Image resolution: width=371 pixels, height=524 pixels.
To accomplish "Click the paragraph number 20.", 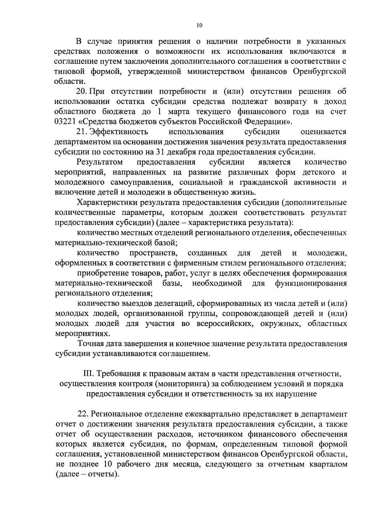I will click(82, 92).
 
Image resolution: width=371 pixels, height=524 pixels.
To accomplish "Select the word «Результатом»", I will click(100, 162).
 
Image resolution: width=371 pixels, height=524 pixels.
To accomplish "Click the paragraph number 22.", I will click(83, 414).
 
